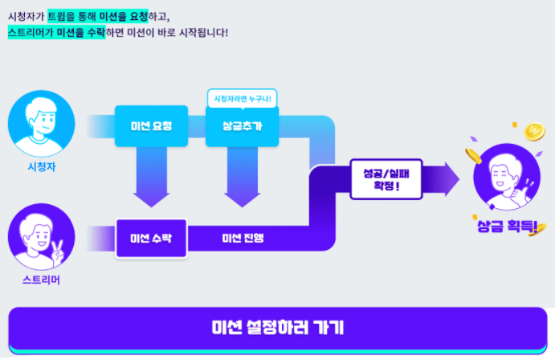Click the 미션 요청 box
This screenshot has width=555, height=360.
151,126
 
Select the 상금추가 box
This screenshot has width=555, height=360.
242,126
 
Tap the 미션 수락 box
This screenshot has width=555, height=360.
151,238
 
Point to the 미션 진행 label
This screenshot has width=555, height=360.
243,238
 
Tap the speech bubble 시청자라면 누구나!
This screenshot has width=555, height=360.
242,99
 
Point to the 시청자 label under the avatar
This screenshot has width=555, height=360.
42,167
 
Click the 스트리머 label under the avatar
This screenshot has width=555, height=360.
42,280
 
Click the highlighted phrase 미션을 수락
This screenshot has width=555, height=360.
80,32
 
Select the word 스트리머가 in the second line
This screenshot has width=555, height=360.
30,32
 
